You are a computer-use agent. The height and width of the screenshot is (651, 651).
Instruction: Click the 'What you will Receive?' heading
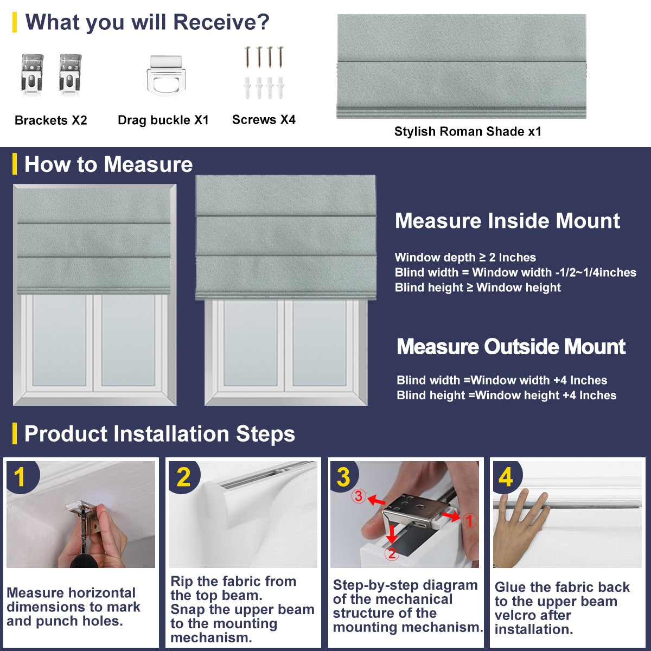click(147, 22)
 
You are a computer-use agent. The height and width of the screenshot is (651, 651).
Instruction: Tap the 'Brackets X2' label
click(50, 120)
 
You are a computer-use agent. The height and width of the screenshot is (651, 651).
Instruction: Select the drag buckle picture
click(163, 75)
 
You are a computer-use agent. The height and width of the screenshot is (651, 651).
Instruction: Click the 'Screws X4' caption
click(264, 120)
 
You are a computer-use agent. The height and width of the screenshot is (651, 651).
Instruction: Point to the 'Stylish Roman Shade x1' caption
click(468, 131)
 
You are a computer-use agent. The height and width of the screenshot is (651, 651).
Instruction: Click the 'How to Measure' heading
click(108, 164)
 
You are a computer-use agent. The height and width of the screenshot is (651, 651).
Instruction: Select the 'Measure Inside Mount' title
click(507, 221)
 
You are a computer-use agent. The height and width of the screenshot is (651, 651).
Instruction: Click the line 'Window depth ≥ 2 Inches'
click(465, 258)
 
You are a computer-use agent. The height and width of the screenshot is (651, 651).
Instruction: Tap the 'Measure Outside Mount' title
click(511, 347)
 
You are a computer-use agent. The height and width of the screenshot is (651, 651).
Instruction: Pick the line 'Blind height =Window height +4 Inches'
click(506, 395)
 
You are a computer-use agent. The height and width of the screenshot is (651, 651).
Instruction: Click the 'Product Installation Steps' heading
click(159, 434)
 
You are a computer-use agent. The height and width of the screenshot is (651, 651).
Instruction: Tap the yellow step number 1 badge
click(20, 477)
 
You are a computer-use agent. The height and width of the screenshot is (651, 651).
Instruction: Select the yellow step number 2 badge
click(183, 477)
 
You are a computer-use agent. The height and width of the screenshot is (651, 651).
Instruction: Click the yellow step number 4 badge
click(506, 477)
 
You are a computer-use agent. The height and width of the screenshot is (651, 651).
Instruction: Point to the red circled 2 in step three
click(392, 553)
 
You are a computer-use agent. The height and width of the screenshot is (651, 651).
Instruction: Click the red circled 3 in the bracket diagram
click(358, 496)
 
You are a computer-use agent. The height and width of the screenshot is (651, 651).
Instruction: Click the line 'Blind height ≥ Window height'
click(477, 288)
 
